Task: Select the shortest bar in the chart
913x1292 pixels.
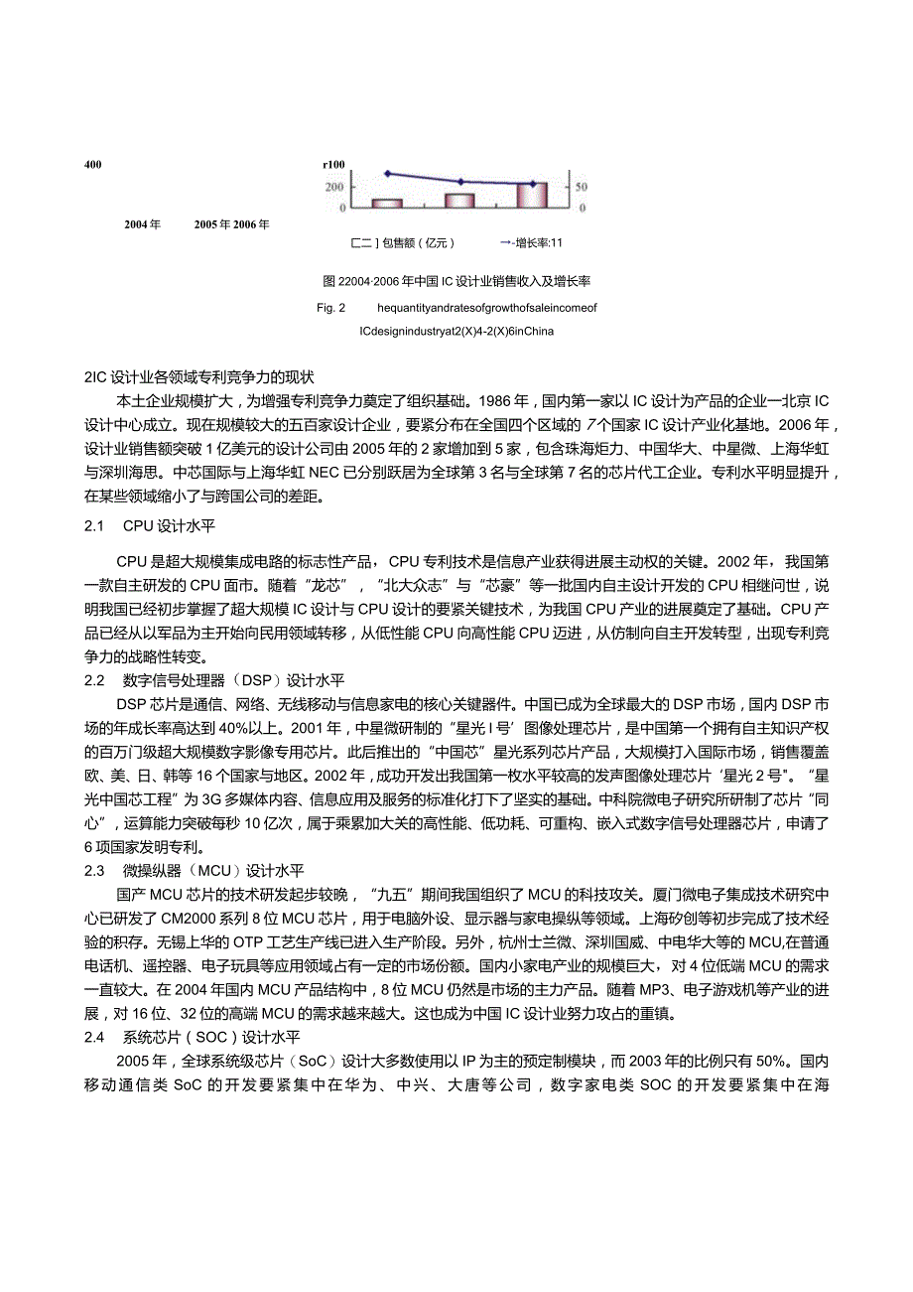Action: (387, 204)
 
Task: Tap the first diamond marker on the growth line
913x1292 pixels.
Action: (387, 173)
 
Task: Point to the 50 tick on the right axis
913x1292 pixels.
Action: (583, 187)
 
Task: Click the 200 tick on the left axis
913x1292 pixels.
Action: (334, 187)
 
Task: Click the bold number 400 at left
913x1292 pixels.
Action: (96, 165)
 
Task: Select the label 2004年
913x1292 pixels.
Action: (143, 224)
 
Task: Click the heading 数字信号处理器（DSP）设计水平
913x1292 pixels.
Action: (233, 680)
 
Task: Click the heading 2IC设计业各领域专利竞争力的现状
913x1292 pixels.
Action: (198, 376)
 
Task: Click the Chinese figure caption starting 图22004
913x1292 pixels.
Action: (456, 281)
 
